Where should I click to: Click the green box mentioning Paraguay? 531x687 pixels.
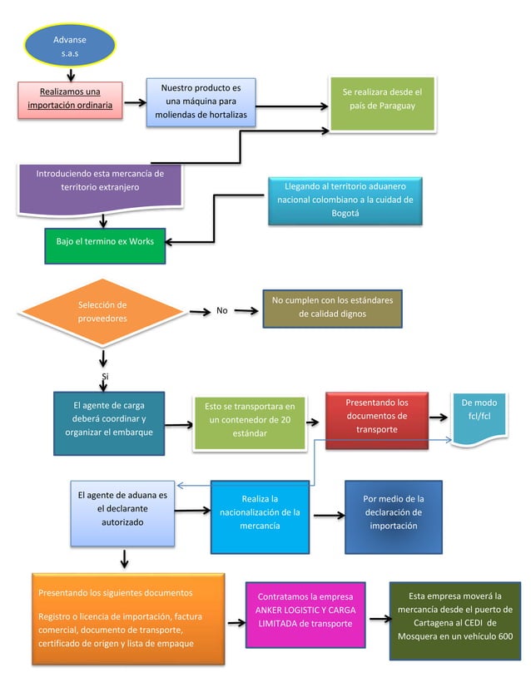pos(382,103)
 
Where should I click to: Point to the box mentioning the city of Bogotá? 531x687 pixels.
pos(345,200)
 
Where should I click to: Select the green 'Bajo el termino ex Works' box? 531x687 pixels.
pos(105,242)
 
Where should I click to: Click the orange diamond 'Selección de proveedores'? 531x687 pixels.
pos(102,312)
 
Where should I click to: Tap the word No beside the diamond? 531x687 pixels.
pos(221,311)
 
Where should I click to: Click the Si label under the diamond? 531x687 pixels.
pos(105,377)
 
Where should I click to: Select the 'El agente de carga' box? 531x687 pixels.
pos(109,421)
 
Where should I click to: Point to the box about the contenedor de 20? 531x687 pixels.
pos(249,422)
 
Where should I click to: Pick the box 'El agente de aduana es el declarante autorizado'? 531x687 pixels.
pos(122,511)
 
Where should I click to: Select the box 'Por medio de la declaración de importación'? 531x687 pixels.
pos(394,515)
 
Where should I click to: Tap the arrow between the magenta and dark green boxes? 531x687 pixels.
pos(379,618)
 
